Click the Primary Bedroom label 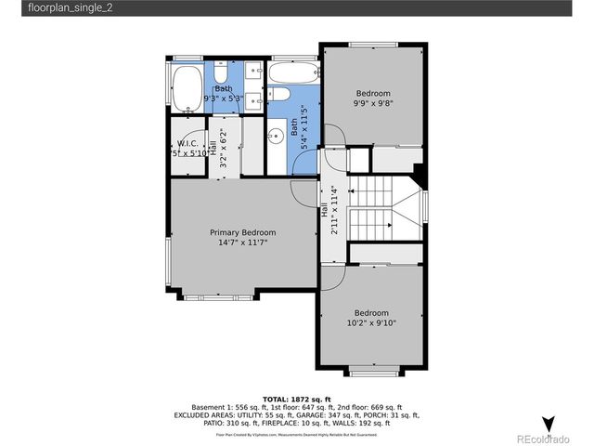[242, 232]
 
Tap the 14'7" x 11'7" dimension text [242, 244]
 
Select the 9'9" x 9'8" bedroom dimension [373, 105]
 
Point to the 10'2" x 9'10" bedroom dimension [371, 325]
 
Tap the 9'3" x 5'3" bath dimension [224, 98]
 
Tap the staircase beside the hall [381, 209]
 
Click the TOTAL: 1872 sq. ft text [296, 398]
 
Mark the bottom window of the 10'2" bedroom [371, 373]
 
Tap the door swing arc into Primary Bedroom [303, 190]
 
